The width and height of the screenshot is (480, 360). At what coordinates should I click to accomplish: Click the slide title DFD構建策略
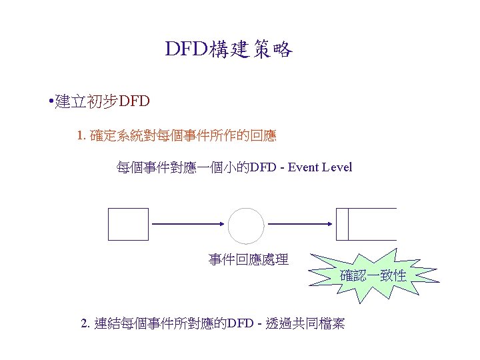pos(229,49)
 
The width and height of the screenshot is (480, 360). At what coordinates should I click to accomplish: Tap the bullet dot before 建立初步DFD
pos(51,102)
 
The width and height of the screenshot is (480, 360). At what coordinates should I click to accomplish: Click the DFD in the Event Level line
pos(261,167)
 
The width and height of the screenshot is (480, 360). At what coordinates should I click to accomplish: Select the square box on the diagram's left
pos(128,223)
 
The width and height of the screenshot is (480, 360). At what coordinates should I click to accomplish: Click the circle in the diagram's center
pos(247,225)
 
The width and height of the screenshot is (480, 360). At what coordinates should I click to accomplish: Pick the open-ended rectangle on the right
pos(366,223)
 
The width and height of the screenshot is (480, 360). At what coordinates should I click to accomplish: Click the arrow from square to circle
pos(188,225)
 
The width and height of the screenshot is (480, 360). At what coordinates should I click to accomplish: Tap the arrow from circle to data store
pos(300,225)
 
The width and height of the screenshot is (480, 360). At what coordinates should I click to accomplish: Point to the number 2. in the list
pos(85,324)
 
